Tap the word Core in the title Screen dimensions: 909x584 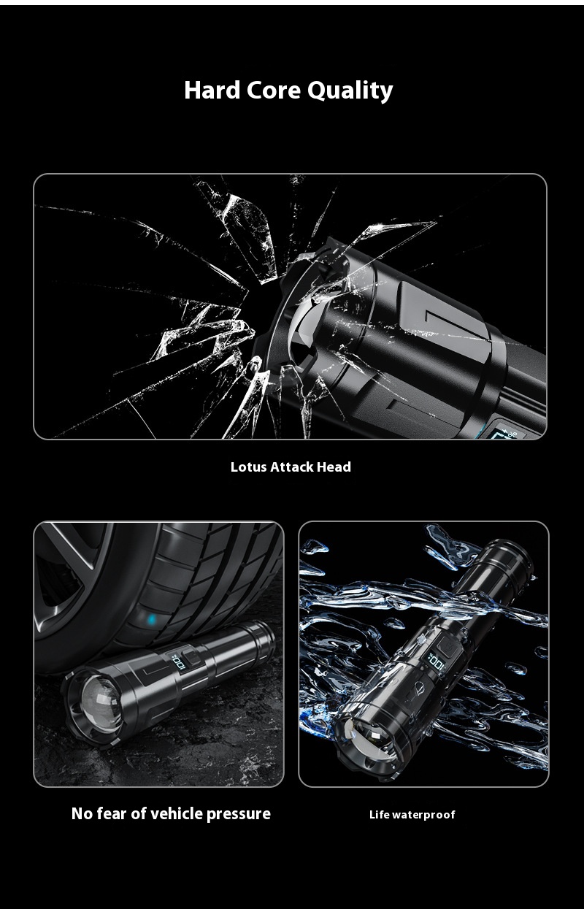point(274,90)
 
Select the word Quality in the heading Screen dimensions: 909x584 point(350,91)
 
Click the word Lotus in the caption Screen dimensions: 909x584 point(248,467)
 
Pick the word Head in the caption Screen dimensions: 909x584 point(337,467)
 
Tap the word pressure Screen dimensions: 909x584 point(238,814)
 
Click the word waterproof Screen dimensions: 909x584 point(423,815)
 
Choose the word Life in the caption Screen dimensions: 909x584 point(379,815)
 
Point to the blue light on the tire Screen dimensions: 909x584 point(152,621)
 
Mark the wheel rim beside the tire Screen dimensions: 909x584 point(58,577)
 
